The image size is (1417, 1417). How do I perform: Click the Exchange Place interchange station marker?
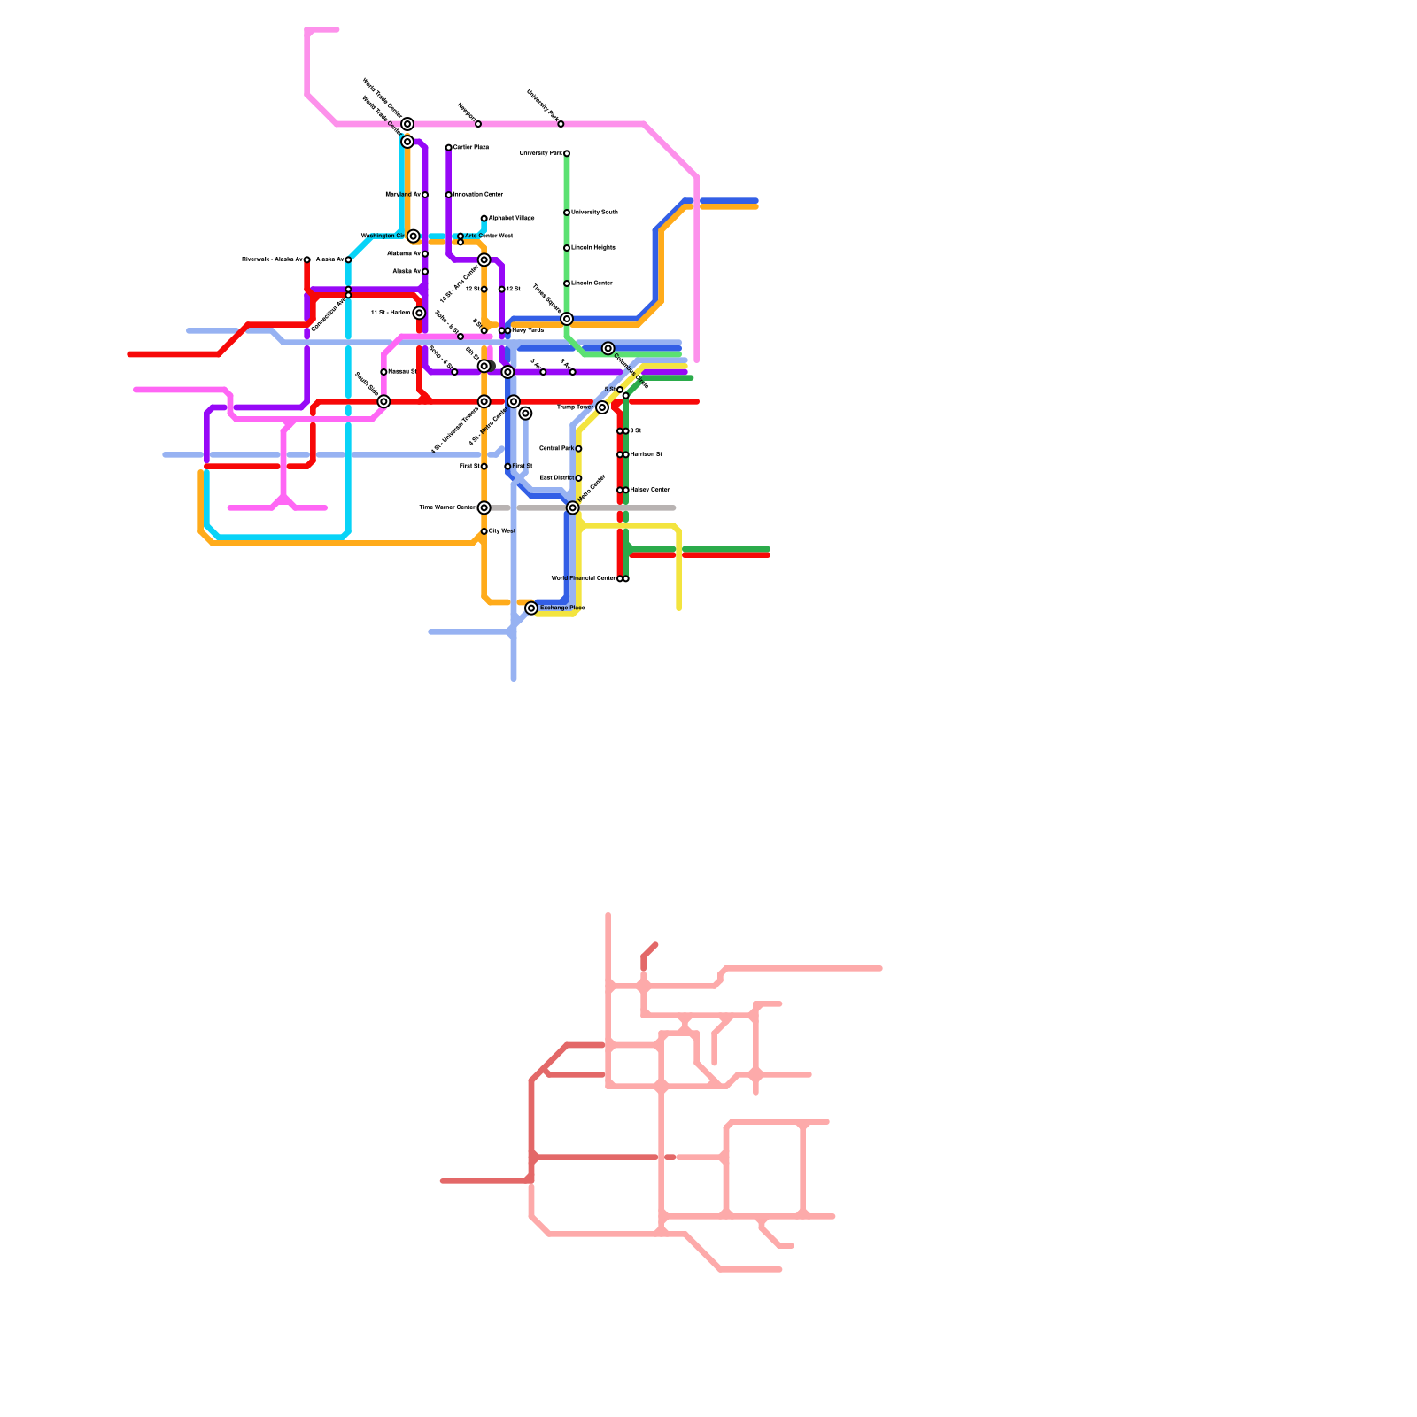pyautogui.click(x=531, y=608)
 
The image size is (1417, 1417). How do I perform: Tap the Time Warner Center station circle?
pyautogui.click(x=484, y=508)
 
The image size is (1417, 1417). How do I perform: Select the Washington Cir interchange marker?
pyautogui.click(x=414, y=236)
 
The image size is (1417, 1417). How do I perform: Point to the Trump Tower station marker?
pyautogui.click(x=602, y=407)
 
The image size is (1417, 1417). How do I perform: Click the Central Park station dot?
pyautogui.click(x=578, y=449)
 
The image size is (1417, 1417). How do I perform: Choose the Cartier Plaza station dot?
pyautogui.click(x=449, y=148)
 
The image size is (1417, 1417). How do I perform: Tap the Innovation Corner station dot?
pyautogui.click(x=449, y=195)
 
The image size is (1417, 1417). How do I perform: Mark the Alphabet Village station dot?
pyautogui.click(x=484, y=219)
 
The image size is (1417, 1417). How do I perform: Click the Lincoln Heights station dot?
pyautogui.click(x=567, y=248)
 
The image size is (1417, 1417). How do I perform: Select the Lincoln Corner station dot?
pyautogui.click(x=567, y=283)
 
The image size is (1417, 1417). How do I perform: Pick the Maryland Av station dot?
pyautogui.click(x=425, y=195)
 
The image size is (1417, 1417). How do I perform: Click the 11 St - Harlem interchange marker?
pyautogui.click(x=419, y=314)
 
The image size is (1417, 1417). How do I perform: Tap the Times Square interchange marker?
pyautogui.click(x=567, y=319)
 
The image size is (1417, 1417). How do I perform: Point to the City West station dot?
pyautogui.click(x=484, y=531)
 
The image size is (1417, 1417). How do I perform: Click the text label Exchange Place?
pyautogui.click(x=562, y=608)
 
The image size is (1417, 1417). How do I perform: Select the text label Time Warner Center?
pyautogui.click(x=447, y=508)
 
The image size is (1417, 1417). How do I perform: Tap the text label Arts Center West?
pyautogui.click(x=489, y=236)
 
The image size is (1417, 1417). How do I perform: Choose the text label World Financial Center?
pyautogui.click(x=583, y=578)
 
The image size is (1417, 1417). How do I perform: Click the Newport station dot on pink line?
pyautogui.click(x=478, y=124)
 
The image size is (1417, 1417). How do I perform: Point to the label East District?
pyautogui.click(x=556, y=478)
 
